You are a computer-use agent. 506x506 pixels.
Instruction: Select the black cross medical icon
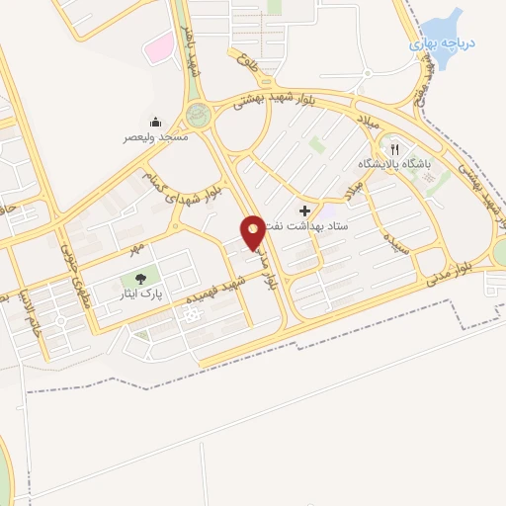tap(304, 211)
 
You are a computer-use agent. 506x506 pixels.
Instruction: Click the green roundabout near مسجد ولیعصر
tap(198, 114)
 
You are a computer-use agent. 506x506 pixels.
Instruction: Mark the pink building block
tap(157, 45)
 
